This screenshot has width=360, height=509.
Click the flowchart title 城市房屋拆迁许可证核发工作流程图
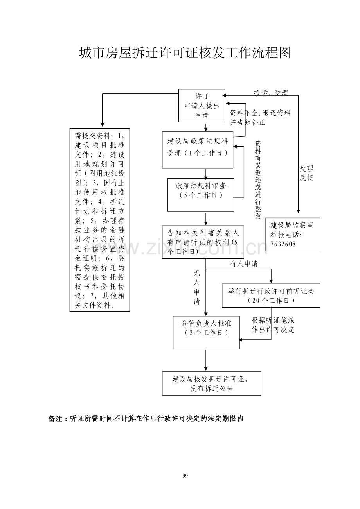(x=185, y=53)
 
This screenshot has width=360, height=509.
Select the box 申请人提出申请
(x=202, y=106)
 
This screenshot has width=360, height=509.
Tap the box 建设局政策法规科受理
(x=197, y=150)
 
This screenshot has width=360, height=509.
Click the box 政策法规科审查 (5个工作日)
(x=201, y=195)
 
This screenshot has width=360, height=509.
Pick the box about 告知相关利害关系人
(x=203, y=242)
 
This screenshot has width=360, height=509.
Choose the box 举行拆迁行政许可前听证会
(x=271, y=296)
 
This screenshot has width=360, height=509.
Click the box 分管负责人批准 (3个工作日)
(x=206, y=332)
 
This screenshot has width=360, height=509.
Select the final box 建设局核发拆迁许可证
(x=211, y=384)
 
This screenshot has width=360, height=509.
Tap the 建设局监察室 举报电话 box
(x=292, y=234)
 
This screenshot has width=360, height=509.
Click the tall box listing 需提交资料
(x=99, y=220)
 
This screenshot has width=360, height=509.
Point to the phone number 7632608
(x=283, y=244)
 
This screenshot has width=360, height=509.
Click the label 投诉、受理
(x=271, y=93)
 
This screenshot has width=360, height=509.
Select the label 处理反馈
(x=306, y=173)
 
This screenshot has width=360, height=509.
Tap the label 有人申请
(x=243, y=264)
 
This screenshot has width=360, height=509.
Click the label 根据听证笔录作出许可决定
(x=273, y=325)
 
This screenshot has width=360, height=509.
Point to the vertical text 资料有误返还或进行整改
(x=258, y=180)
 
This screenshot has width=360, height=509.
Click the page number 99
(x=185, y=476)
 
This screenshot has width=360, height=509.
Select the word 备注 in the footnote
(x=56, y=419)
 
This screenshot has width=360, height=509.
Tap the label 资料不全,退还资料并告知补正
(x=260, y=118)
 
